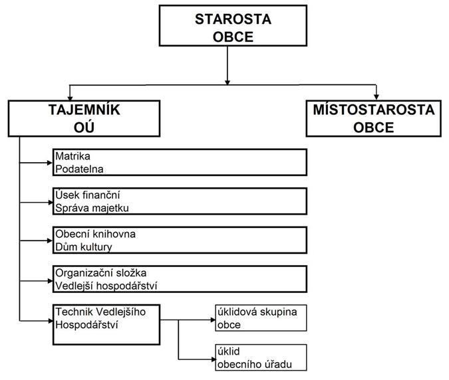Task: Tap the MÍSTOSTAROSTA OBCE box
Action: point(374,118)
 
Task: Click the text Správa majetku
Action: point(92,208)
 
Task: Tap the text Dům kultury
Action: point(84,247)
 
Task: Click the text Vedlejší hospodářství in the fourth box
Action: point(106,286)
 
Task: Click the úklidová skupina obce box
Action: point(260,318)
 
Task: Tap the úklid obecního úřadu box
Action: point(260,357)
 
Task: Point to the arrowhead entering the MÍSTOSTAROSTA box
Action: point(376,98)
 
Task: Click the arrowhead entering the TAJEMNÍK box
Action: point(69,98)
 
